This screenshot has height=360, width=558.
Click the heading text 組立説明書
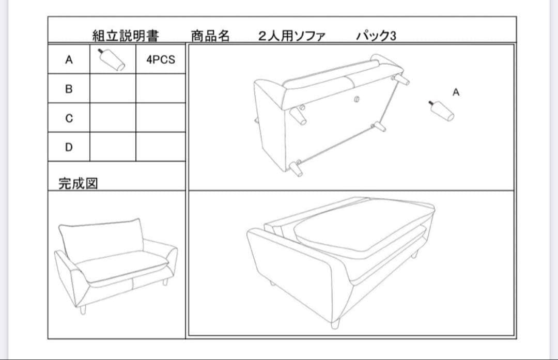(126, 36)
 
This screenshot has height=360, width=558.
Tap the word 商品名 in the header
(210, 36)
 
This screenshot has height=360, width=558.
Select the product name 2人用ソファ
(291, 36)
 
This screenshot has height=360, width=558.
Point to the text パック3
(376, 36)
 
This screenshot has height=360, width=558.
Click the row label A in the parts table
(69, 60)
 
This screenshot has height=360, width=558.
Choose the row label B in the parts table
(69, 89)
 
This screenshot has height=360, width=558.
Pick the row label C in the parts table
(69, 118)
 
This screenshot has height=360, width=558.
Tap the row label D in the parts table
(69, 148)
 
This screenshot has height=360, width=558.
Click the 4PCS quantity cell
(161, 60)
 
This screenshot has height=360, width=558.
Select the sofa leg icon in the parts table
(112, 59)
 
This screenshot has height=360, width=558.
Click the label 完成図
(78, 183)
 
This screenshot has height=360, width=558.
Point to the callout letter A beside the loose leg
(456, 92)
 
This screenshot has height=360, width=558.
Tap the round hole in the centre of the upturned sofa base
(356, 98)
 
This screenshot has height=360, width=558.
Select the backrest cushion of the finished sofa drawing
(100, 239)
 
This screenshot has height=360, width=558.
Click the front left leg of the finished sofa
(82, 310)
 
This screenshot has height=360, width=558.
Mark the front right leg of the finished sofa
(165, 282)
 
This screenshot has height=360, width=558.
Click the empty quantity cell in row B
(161, 89)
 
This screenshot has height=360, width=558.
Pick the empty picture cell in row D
(113, 148)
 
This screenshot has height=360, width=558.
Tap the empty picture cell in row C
(113, 118)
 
